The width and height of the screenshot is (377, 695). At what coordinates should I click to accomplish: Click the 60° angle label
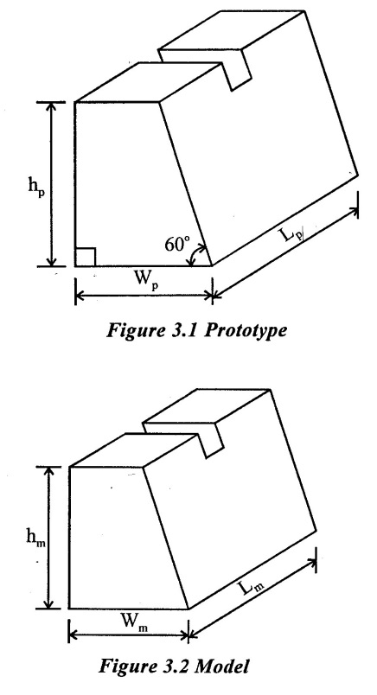[x=177, y=244]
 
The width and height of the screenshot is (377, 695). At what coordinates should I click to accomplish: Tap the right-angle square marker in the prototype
[x=85, y=258]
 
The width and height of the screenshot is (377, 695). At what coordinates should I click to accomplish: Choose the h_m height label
[x=35, y=537]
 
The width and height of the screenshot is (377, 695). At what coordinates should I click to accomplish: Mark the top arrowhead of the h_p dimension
[x=52, y=107]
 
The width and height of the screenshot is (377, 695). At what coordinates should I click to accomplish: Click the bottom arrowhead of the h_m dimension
[x=49, y=603]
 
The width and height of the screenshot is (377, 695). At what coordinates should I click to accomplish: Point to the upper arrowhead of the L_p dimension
[x=353, y=212]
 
